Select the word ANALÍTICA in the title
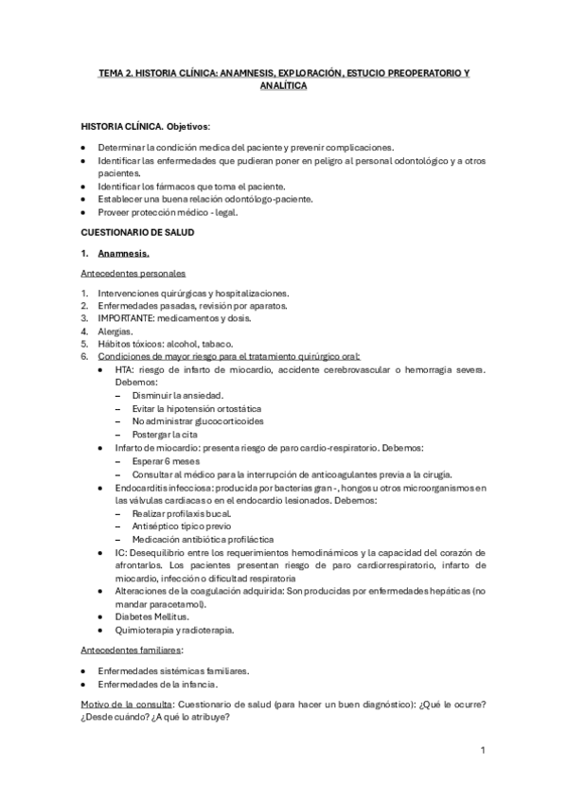point(283,85)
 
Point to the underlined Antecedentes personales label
point(133,273)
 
